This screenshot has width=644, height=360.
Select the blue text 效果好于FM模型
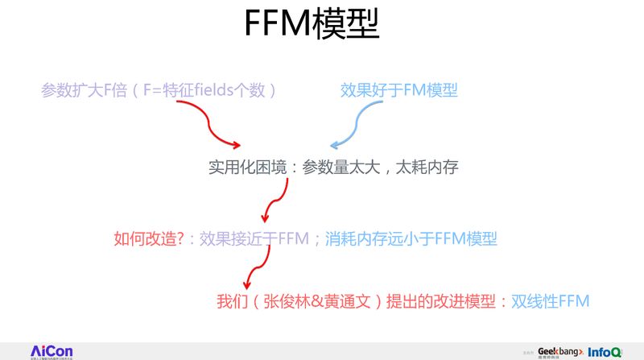(x=399, y=90)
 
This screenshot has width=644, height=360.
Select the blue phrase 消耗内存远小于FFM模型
(x=411, y=238)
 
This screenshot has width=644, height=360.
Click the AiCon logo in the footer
(x=51, y=351)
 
